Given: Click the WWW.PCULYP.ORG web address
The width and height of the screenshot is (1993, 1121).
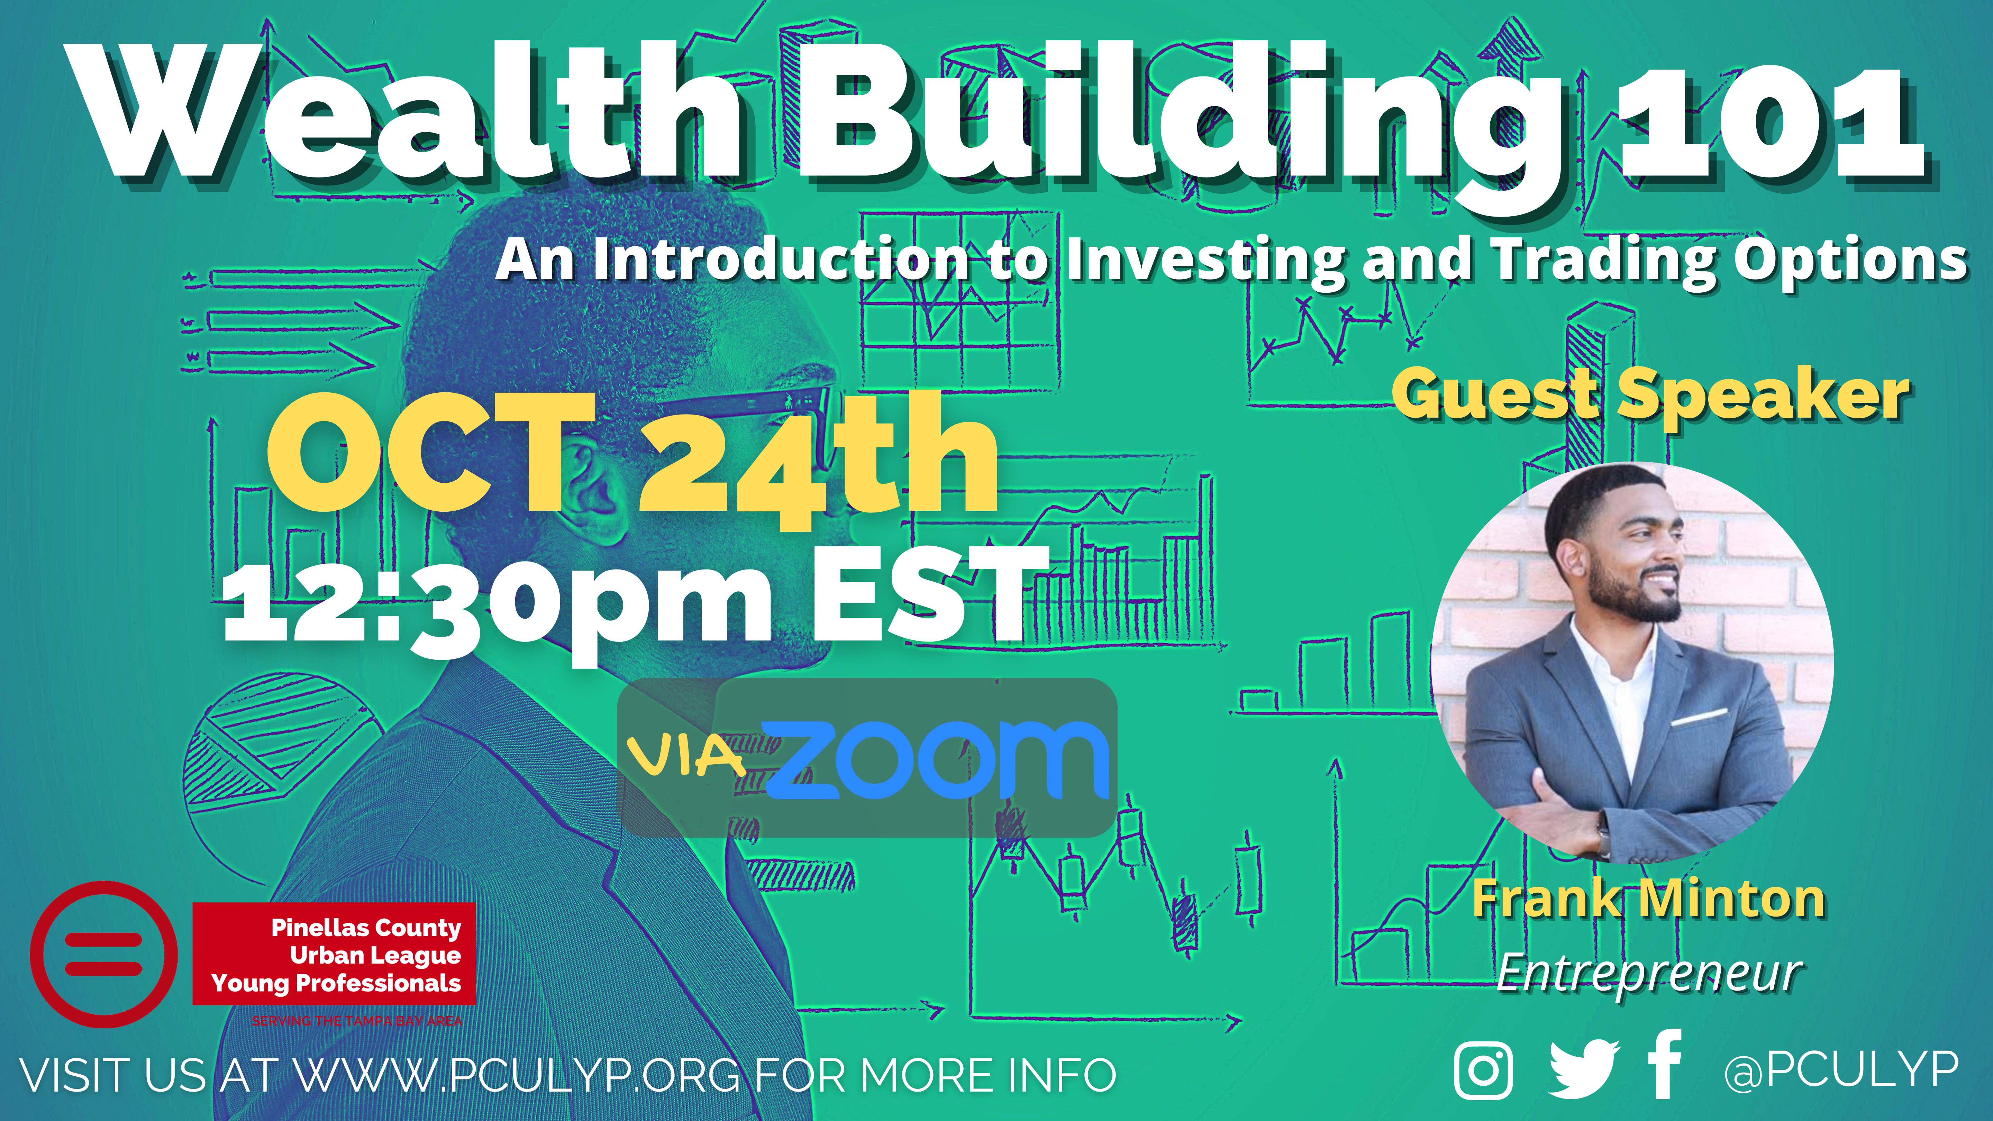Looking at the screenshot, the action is click(518, 1075).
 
